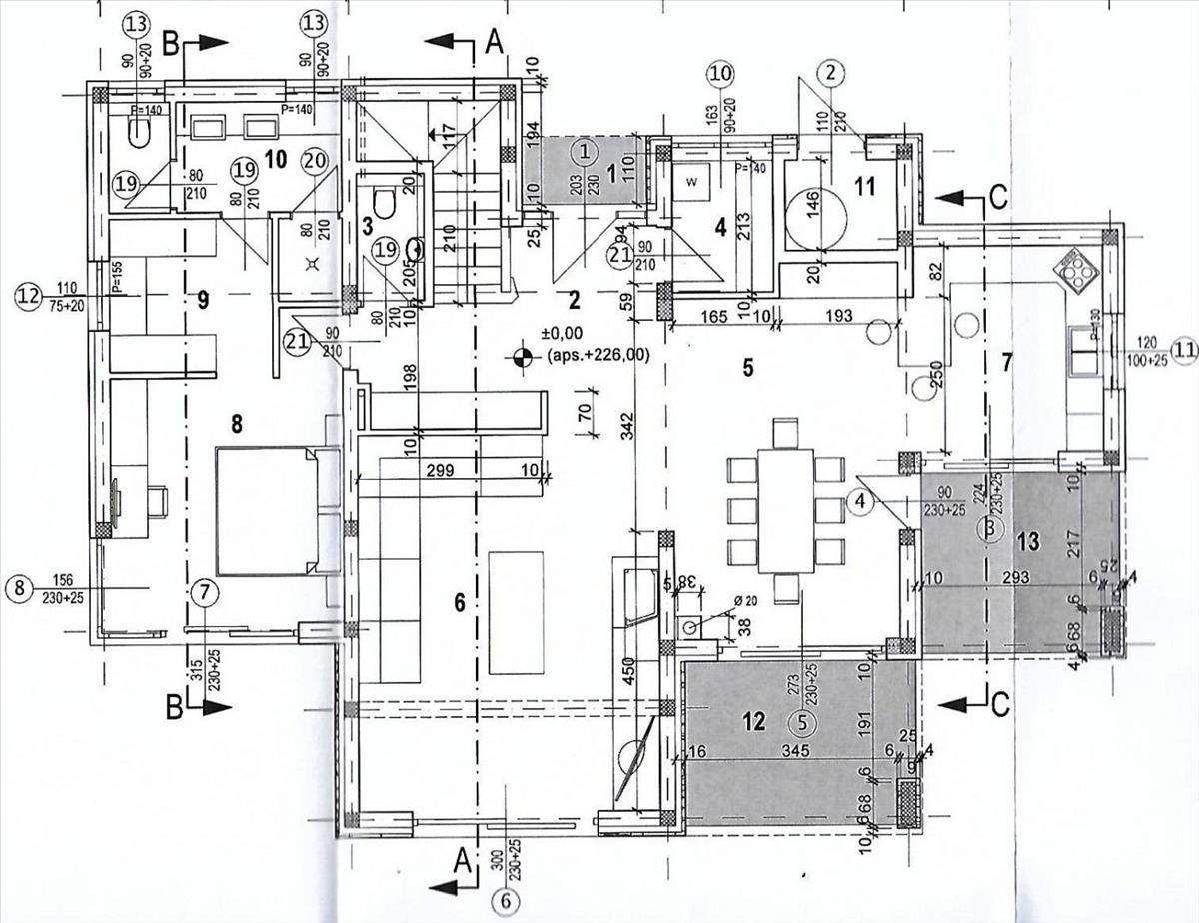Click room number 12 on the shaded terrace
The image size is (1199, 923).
755,721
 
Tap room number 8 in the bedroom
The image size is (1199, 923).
237,424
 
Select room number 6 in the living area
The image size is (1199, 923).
460,602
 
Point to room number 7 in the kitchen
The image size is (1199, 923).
1007,361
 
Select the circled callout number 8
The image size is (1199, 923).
18,588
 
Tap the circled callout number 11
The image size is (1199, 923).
1185,349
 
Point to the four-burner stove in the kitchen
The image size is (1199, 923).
1078,266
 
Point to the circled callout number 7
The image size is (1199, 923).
205,590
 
